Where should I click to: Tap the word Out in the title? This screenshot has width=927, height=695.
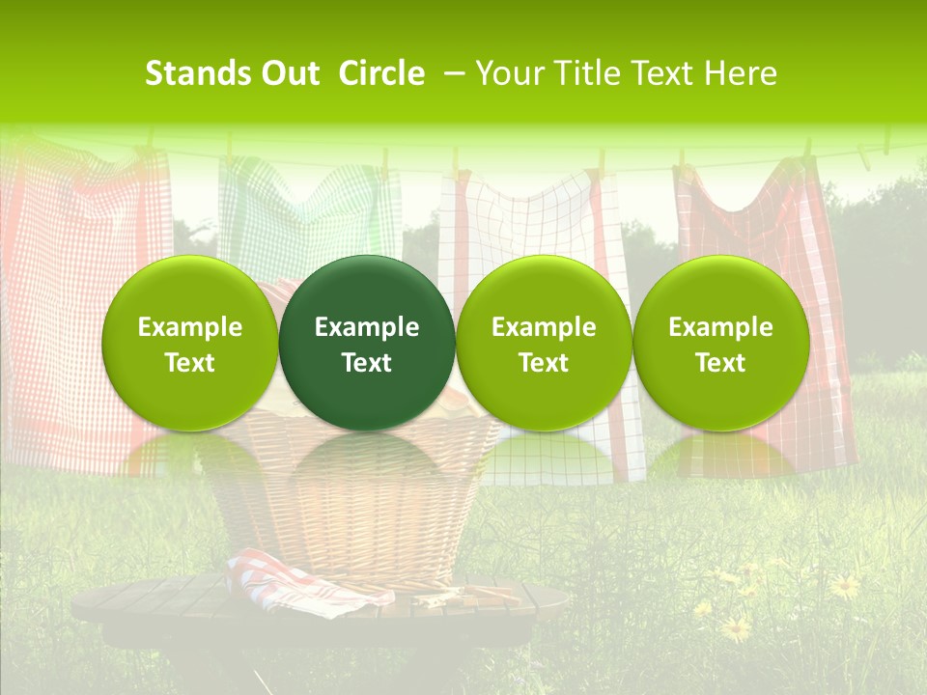click(288, 73)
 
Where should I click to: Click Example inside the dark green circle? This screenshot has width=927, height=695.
click(367, 327)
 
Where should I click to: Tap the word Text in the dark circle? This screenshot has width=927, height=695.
click(367, 363)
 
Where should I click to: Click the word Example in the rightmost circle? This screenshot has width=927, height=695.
click(720, 327)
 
